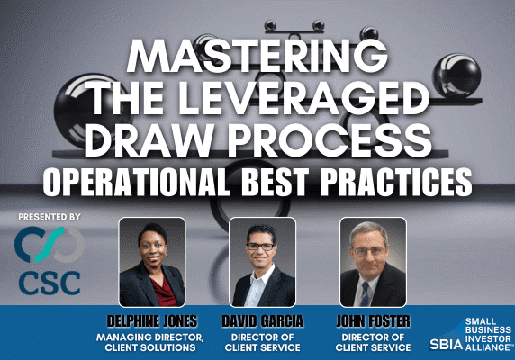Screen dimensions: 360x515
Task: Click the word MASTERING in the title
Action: click(257, 56)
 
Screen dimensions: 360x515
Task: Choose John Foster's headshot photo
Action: click(372, 262)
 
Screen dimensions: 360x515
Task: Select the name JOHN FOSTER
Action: click(372, 320)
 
